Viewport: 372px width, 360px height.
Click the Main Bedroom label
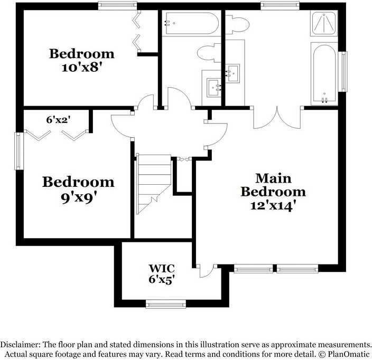273,185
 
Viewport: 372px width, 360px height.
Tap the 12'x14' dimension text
273,205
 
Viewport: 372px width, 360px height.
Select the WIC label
162,268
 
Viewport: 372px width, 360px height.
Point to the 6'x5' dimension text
162,279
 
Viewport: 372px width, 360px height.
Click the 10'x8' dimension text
81,68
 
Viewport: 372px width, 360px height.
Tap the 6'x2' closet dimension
59,120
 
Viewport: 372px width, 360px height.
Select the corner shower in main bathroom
324,24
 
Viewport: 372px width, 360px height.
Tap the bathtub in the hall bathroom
190,24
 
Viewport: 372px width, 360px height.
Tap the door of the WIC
206,271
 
